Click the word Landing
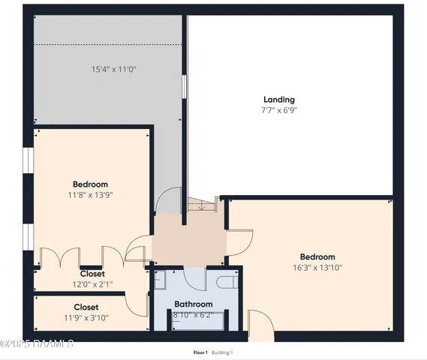click(278, 100)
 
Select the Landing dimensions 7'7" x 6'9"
click(279, 110)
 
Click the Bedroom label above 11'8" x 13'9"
click(90, 184)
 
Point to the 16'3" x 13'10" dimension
click(317, 266)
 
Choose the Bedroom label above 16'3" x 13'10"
click(317, 256)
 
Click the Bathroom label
click(193, 304)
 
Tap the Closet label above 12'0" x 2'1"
click(92, 274)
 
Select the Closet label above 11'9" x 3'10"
click(86, 307)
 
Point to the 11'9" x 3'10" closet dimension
click(86, 317)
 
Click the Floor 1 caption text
click(200, 352)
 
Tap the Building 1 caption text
click(221, 352)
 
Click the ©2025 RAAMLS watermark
click(37, 343)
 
